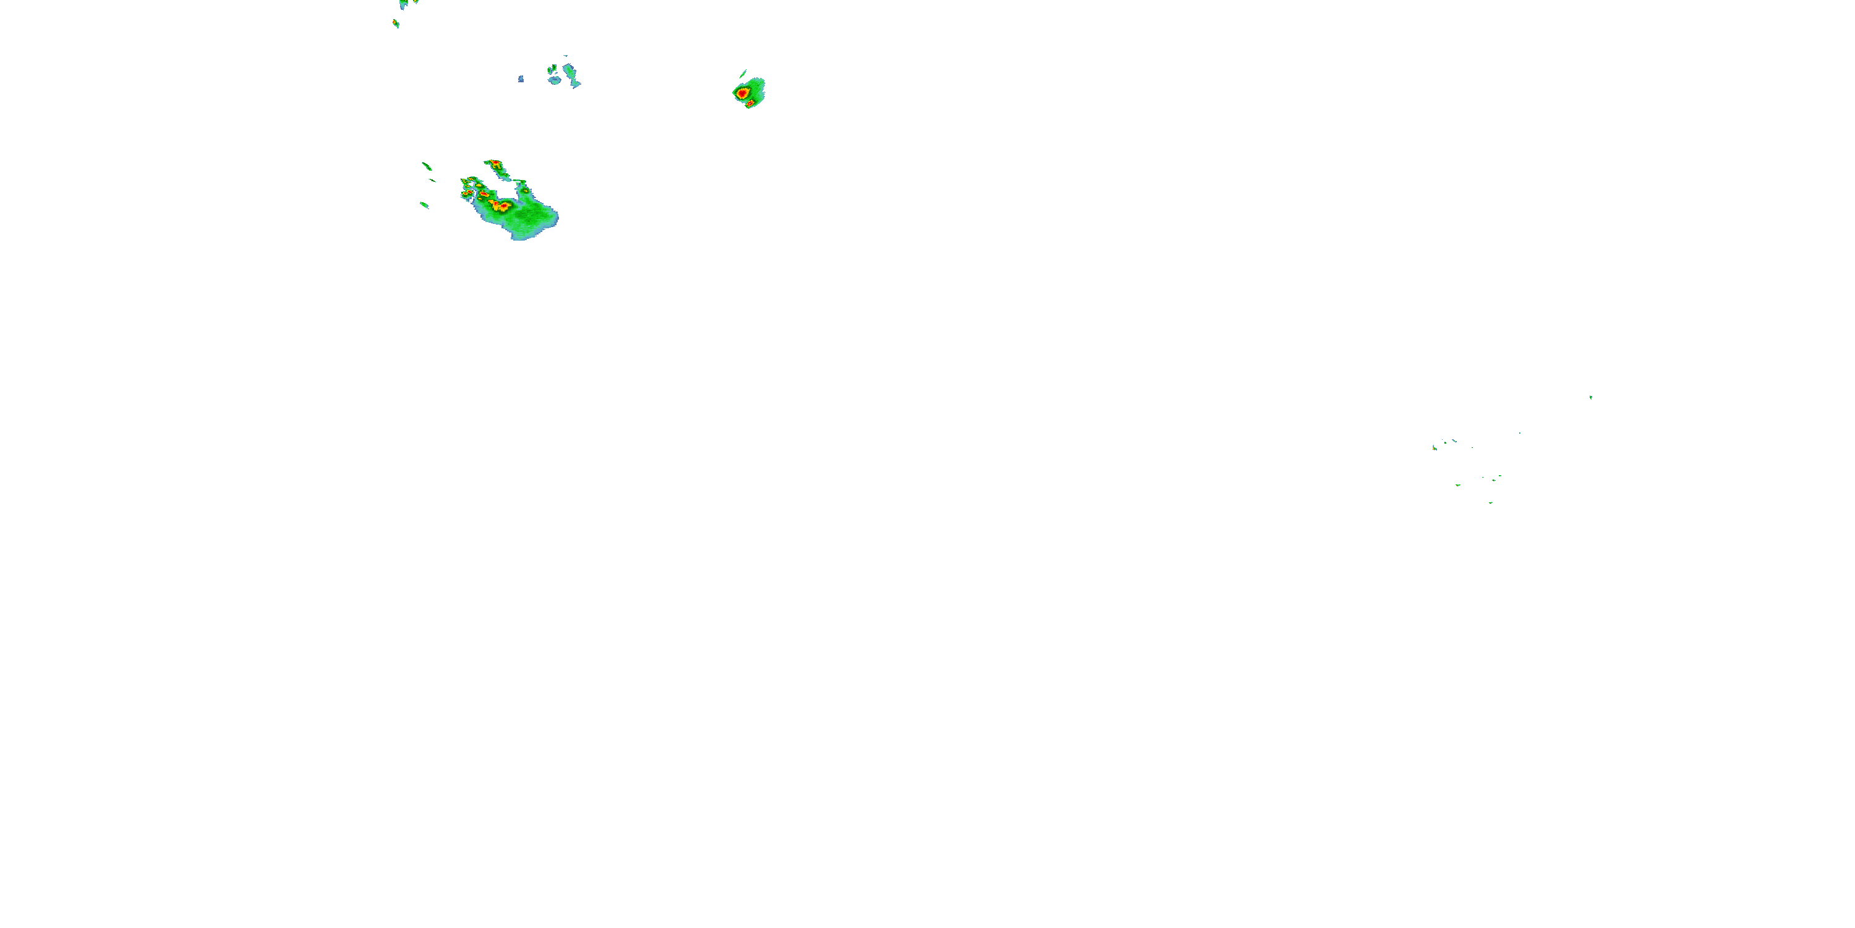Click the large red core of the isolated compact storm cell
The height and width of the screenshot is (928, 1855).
(742, 93)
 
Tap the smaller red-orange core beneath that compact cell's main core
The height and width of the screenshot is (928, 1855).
(749, 104)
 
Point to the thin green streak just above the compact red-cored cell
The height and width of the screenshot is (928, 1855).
(743, 73)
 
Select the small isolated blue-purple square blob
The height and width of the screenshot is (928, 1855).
(521, 79)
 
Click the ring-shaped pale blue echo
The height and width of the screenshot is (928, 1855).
(554, 80)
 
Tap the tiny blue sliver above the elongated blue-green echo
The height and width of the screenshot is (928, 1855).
(565, 56)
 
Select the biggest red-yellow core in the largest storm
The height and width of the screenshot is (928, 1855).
(499, 206)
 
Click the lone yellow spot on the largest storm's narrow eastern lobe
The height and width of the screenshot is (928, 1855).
(525, 191)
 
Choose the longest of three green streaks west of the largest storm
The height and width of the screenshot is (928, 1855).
(426, 166)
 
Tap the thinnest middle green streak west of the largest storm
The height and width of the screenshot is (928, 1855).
(432, 180)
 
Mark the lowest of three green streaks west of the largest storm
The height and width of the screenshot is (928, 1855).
(424, 205)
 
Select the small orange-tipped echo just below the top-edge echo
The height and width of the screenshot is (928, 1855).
(396, 24)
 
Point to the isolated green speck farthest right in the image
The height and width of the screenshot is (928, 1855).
(1591, 397)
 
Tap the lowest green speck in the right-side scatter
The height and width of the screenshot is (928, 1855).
(1491, 502)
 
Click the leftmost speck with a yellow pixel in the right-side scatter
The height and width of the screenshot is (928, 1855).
(1435, 448)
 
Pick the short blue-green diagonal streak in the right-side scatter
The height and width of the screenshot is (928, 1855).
(1454, 440)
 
